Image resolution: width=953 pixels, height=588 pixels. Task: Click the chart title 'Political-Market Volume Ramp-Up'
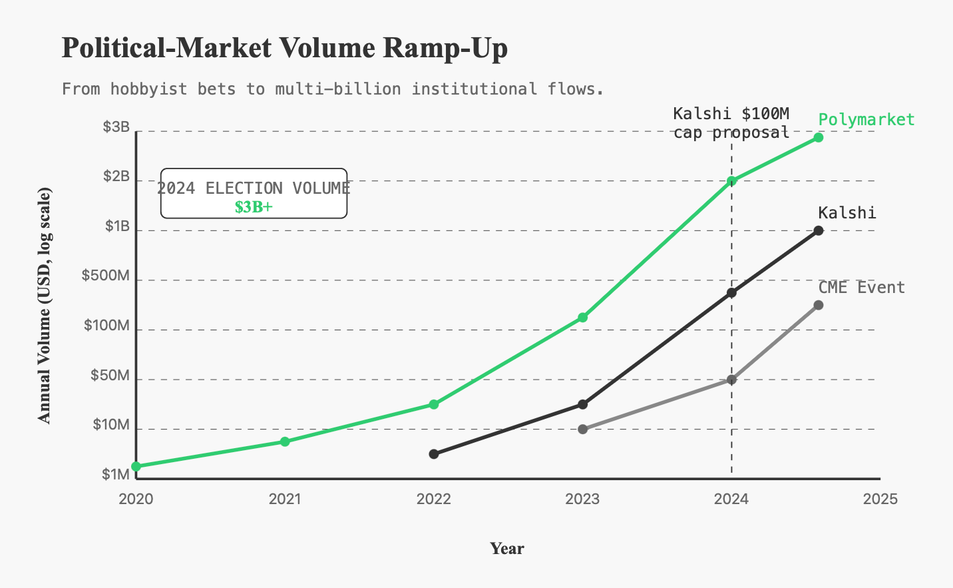284,49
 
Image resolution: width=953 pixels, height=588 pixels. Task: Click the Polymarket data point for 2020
136,466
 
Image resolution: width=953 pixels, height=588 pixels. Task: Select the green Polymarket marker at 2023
582,318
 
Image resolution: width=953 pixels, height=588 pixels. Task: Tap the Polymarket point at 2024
731,181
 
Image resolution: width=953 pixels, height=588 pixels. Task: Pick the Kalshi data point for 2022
434,454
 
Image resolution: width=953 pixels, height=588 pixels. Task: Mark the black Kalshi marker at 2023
582,404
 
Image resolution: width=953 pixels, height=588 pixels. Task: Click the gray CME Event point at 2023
582,430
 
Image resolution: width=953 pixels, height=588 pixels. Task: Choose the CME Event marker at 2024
731,380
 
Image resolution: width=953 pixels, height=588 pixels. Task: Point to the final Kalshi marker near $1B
819,231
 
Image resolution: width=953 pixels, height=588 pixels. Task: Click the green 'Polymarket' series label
866,120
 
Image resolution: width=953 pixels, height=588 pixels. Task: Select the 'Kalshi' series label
847,213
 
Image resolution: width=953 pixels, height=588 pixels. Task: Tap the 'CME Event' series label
861,288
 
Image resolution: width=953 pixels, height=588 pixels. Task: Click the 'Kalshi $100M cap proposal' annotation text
731,123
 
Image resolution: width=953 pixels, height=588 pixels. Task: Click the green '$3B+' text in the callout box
254,207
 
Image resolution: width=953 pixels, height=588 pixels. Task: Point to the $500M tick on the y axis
106,276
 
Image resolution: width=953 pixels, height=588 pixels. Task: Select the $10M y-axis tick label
110,425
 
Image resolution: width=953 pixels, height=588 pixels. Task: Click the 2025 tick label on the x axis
880,499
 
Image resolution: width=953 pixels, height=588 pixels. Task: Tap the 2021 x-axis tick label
285,499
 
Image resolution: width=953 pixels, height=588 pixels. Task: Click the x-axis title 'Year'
507,549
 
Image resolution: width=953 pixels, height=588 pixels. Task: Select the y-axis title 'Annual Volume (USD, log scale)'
44,305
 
